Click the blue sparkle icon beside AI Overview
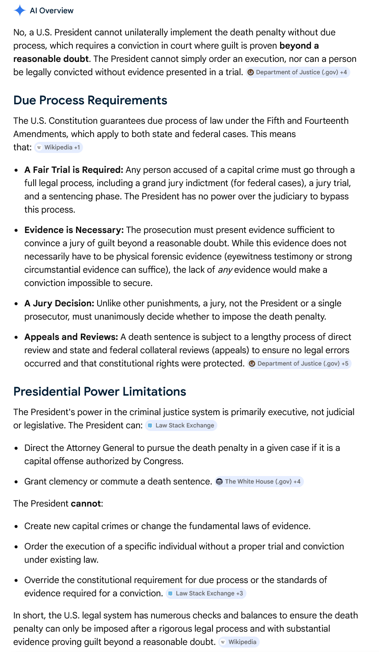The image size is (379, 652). coord(20,11)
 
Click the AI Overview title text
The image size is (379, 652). coord(52,11)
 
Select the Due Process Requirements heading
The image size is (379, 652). coord(90,100)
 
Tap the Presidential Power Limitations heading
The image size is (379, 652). coord(99,392)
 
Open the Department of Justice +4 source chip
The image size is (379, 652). coord(298,72)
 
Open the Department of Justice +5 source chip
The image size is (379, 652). coord(299,363)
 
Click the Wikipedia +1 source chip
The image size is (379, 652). coord(59,147)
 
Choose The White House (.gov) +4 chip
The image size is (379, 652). coord(259,481)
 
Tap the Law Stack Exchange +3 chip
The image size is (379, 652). coord(206,593)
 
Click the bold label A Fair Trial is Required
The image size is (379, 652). coord(73,170)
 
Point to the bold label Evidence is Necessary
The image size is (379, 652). coord(74,230)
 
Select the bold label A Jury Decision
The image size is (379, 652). coord(59,303)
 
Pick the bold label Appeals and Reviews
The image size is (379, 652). coord(71,337)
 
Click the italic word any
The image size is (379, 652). coord(225,270)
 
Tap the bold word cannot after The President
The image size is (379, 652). coord(86,503)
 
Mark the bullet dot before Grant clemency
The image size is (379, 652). coord(16,482)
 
